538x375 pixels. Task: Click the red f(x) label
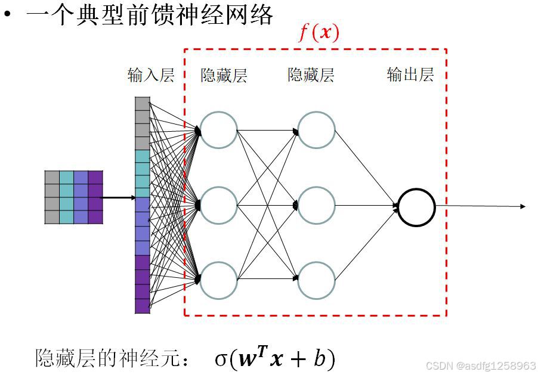(319, 33)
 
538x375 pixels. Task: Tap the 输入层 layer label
(150, 75)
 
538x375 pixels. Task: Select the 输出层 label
(410, 75)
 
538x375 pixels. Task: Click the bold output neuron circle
(416, 207)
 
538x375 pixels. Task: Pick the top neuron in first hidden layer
(218, 130)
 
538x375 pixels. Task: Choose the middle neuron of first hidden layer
(218, 206)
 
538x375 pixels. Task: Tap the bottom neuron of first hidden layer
(218, 281)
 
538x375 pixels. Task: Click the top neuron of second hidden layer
(316, 130)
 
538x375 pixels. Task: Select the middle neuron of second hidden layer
(316, 206)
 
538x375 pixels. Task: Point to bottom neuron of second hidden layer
(316, 281)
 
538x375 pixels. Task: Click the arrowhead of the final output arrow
(522, 207)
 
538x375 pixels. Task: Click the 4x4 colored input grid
(73, 197)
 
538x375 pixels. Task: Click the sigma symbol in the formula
(221, 359)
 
